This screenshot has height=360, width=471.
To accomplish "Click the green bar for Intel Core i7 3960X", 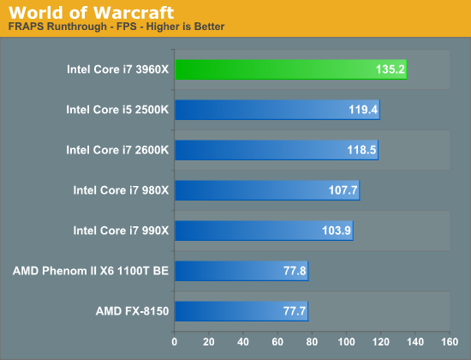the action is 291,69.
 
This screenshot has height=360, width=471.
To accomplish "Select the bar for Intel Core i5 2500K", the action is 277,110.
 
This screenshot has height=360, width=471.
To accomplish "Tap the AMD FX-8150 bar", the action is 241,311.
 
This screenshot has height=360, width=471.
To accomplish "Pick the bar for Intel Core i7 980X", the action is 267,190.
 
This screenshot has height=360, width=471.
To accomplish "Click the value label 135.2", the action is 391,69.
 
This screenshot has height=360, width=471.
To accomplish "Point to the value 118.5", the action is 361,150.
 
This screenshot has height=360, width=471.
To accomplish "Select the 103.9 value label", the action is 337,231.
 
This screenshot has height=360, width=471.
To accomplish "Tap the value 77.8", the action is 295,271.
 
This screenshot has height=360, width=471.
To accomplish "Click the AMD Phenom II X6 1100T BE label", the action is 91,271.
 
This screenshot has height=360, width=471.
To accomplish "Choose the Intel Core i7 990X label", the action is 121,231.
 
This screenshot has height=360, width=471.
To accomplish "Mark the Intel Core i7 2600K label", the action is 117,150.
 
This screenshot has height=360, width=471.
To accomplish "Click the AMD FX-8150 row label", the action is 132,311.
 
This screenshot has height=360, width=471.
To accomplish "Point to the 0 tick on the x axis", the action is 174,342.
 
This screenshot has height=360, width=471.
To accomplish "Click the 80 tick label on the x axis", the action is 312,342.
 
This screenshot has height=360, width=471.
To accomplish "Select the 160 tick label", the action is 450,342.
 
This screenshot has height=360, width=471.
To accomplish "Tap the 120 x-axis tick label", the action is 380,342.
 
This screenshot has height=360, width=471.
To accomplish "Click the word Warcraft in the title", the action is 134,13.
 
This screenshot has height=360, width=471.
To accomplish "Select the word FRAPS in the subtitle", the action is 27,27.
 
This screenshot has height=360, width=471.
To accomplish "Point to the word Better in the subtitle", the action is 209,27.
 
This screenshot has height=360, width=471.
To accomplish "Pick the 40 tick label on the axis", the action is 243,342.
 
